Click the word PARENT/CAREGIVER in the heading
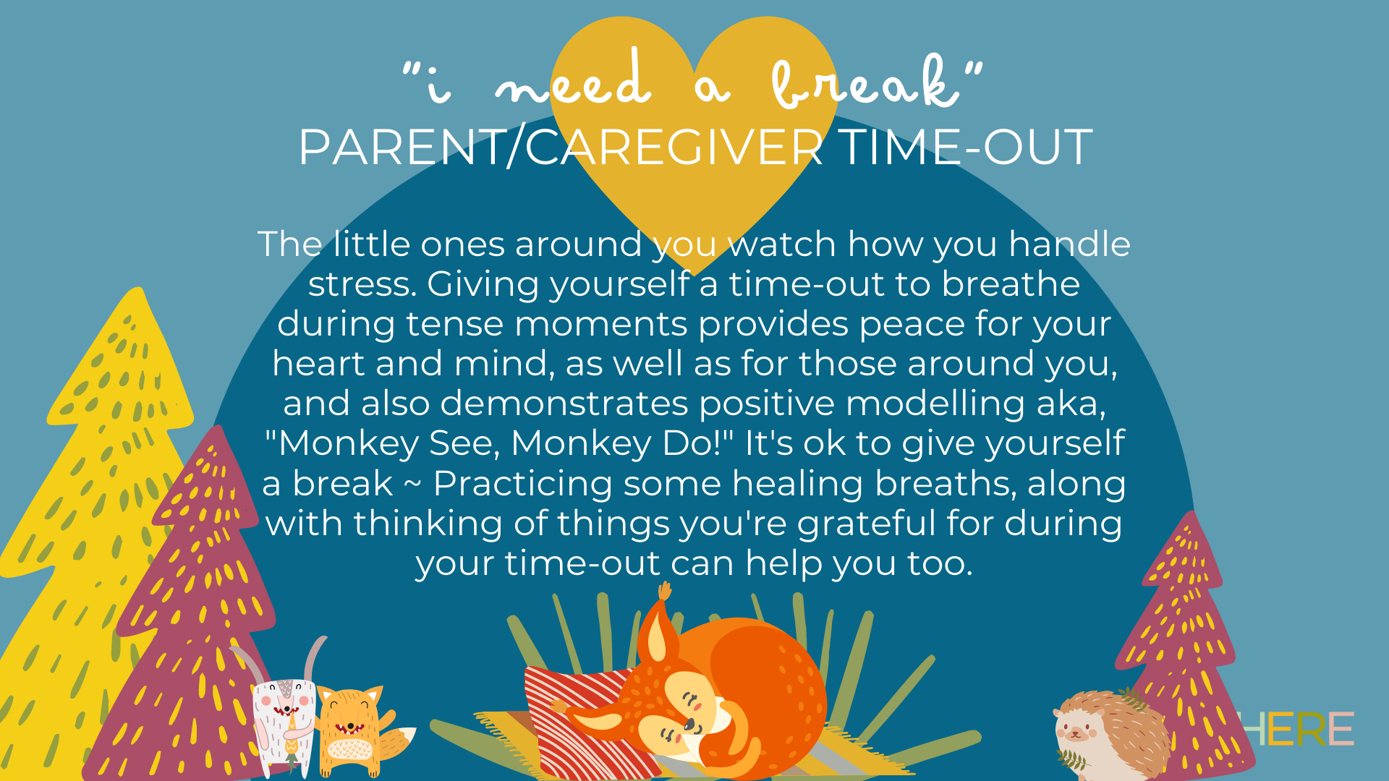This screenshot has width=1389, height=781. point(560,148)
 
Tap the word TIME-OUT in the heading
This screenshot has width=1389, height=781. point(965,148)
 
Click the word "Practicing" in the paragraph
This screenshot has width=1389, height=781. point(522,484)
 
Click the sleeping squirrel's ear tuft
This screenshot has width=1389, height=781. point(663,593)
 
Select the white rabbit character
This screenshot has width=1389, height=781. point(284,720)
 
